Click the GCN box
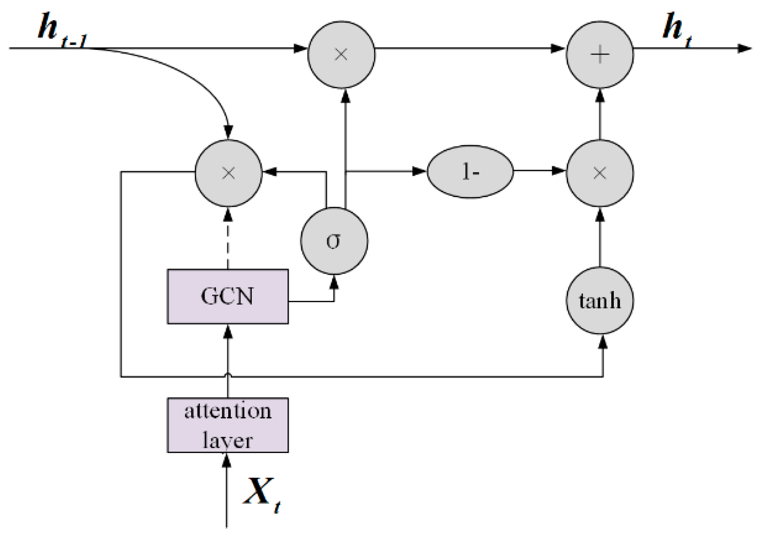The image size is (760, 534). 228,296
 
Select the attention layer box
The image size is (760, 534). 228,425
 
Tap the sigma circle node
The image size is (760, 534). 334,241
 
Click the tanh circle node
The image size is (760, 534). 600,300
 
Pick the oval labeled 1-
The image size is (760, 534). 470,171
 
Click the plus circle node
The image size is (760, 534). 600,55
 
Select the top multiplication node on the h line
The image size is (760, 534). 341,55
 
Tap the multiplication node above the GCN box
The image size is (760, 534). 228,173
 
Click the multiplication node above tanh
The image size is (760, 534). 600,173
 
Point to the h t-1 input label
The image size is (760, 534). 61,30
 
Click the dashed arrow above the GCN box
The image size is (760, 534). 228,239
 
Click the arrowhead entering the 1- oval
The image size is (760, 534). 419,171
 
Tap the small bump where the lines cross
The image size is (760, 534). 228,374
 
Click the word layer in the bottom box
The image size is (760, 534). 228,441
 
